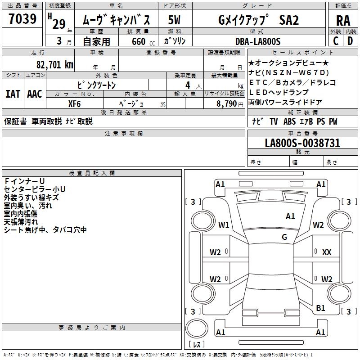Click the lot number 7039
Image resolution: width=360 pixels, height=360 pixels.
(x=22, y=19)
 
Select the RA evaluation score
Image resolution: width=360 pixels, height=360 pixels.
(x=343, y=20)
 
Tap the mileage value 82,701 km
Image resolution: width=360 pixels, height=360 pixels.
(x=55, y=65)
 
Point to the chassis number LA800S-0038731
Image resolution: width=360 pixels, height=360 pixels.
(x=302, y=143)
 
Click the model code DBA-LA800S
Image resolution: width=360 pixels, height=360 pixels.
(x=258, y=41)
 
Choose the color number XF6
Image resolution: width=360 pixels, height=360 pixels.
(x=75, y=103)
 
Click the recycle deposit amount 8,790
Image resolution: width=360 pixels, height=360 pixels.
(x=226, y=103)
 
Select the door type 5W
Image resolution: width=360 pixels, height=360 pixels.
(x=174, y=20)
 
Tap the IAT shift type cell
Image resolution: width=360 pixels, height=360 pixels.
(x=13, y=94)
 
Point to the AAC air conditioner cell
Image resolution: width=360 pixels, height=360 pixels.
(x=35, y=94)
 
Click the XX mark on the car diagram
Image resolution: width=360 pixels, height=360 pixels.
(x=327, y=252)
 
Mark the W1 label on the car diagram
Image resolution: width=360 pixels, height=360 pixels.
(x=224, y=225)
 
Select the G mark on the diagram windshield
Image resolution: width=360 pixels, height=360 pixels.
(x=284, y=237)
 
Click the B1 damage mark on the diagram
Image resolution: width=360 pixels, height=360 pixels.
(x=320, y=308)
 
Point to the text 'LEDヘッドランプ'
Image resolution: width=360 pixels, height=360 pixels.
(x=279, y=92)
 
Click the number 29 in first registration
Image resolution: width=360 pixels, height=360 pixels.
(x=58, y=24)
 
